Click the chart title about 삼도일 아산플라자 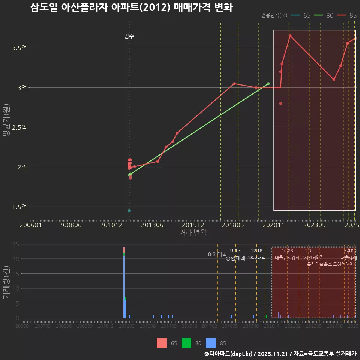click(131, 8)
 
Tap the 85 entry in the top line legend click(348, 15)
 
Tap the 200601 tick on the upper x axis click(30, 225)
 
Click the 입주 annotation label click(129, 36)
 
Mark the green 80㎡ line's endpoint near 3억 click(268, 84)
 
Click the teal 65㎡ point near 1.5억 click(129, 211)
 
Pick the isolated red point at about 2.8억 click(280, 103)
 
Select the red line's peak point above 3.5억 click(290, 36)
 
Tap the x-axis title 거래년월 click(193, 233)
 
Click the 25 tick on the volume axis click(15, 244)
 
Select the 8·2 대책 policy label click(217, 254)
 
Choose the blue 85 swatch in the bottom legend click(211, 343)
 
